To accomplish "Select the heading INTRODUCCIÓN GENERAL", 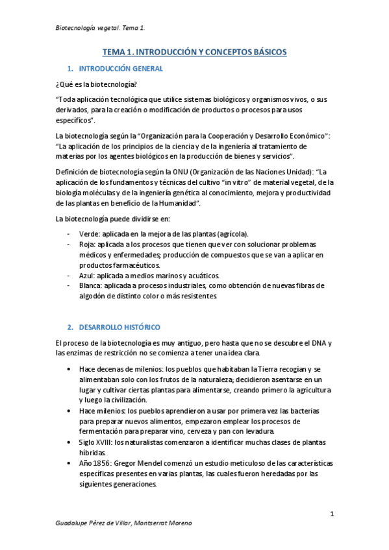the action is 121,69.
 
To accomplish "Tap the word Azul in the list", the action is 84,275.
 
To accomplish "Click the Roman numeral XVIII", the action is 103,442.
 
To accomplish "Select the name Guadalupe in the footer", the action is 74,523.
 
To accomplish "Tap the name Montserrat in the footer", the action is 153,523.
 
